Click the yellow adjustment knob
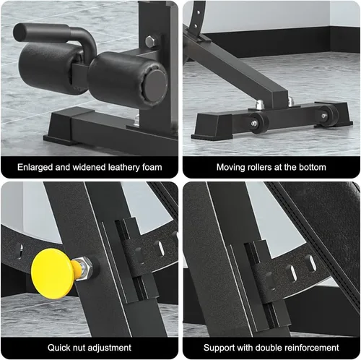click(x=52, y=274)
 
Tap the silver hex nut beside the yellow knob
click(x=84, y=268)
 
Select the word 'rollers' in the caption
click(x=258, y=167)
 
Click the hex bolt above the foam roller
click(x=151, y=41)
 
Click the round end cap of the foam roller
click(x=156, y=85)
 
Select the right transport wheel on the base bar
click(x=328, y=116)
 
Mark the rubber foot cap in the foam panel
click(x=64, y=128)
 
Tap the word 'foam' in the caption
click(x=152, y=167)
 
